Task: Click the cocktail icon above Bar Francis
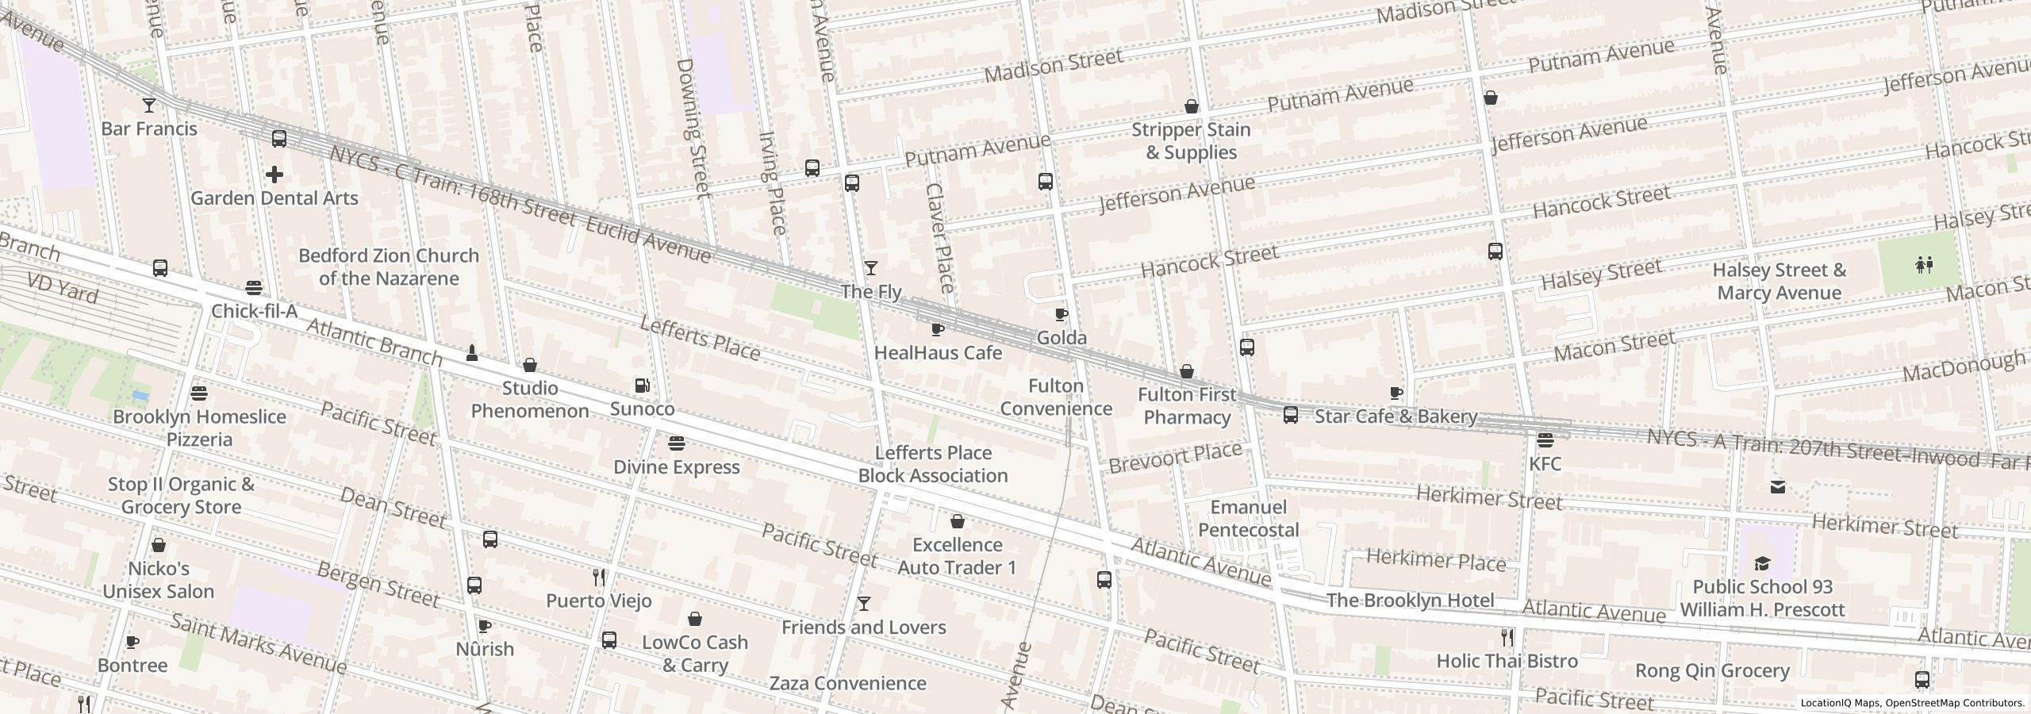(x=148, y=105)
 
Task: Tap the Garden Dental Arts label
(x=275, y=198)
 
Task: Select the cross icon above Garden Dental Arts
(x=275, y=175)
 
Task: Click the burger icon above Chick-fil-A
(x=254, y=287)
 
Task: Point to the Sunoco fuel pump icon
(x=643, y=386)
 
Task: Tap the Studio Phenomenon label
(x=530, y=400)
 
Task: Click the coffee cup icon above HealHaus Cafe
(x=937, y=329)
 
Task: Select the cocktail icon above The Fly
(x=870, y=269)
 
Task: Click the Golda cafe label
(x=1062, y=338)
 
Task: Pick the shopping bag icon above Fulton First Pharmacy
(x=1187, y=371)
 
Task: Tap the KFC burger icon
(x=1545, y=440)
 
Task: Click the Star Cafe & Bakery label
(x=1396, y=416)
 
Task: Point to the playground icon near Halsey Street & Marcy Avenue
(x=1924, y=264)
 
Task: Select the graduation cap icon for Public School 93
(x=1762, y=564)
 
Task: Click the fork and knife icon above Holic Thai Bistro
(x=1507, y=637)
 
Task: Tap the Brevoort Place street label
(x=1175, y=458)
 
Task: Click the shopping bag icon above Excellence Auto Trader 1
(x=958, y=521)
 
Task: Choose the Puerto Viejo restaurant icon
(x=599, y=578)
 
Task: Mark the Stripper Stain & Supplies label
(x=1191, y=141)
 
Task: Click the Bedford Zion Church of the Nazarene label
(x=389, y=267)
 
